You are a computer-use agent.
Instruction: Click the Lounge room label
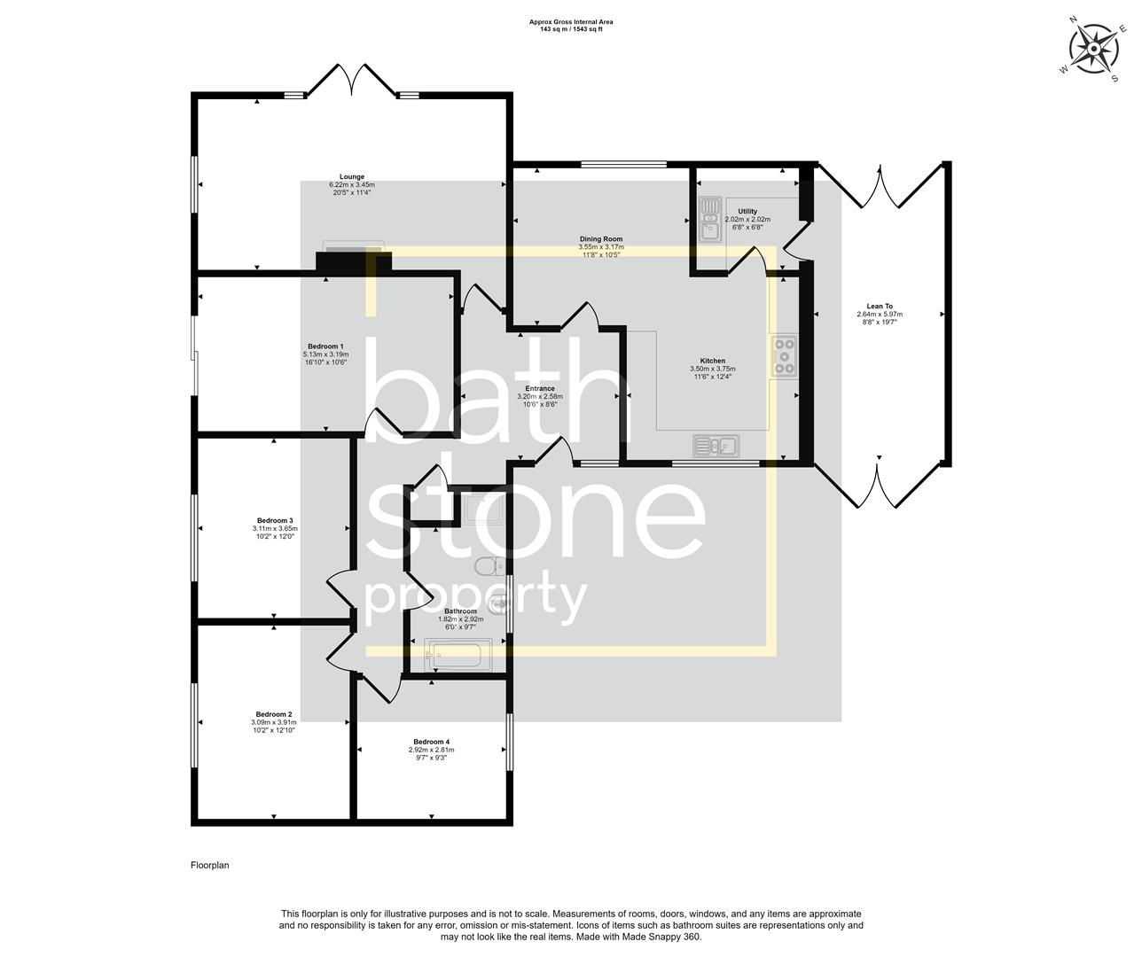[x=352, y=177]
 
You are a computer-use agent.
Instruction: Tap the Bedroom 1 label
[x=325, y=346]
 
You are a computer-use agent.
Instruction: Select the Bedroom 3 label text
[x=275, y=520]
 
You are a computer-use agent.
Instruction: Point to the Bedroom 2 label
[x=274, y=714]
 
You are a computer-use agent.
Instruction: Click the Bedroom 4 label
[x=431, y=742]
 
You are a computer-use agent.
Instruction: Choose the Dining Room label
[x=601, y=239]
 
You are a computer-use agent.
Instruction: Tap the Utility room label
[x=747, y=212]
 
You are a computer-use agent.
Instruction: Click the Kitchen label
[x=713, y=361]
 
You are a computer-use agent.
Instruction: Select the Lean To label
[x=880, y=306]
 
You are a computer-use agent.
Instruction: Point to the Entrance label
[x=540, y=388]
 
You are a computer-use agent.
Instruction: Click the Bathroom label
[x=461, y=611]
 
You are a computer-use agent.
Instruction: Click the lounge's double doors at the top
[x=353, y=80]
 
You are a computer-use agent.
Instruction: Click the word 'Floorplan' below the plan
[x=209, y=865]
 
